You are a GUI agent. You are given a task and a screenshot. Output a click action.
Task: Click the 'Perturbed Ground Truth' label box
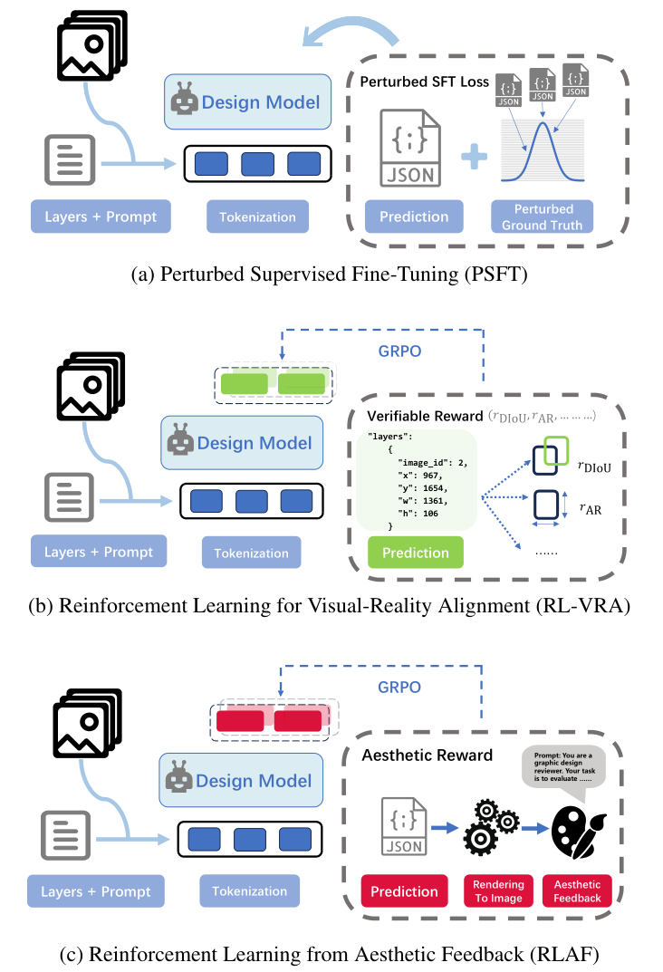(x=543, y=217)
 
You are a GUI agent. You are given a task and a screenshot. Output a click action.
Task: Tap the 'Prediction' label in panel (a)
(x=414, y=217)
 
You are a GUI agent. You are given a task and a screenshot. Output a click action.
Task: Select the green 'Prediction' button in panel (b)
(x=415, y=552)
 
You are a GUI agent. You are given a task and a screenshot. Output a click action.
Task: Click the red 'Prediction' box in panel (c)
(x=405, y=890)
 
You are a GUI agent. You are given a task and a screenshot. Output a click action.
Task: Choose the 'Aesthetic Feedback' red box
(x=577, y=890)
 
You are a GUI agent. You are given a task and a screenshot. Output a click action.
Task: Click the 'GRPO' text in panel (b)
(x=399, y=351)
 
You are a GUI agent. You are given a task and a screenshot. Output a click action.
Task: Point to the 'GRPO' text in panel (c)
(x=399, y=687)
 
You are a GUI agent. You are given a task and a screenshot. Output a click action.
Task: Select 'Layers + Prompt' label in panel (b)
(x=99, y=552)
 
